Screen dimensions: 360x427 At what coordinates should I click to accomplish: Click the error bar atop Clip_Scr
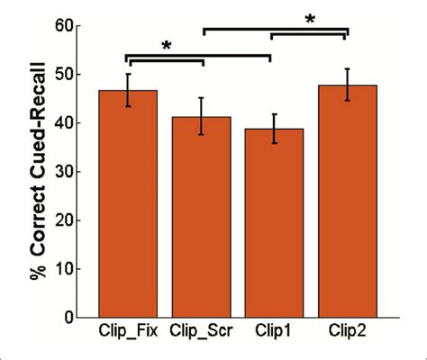201,116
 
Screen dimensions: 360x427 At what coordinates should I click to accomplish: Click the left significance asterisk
166,45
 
